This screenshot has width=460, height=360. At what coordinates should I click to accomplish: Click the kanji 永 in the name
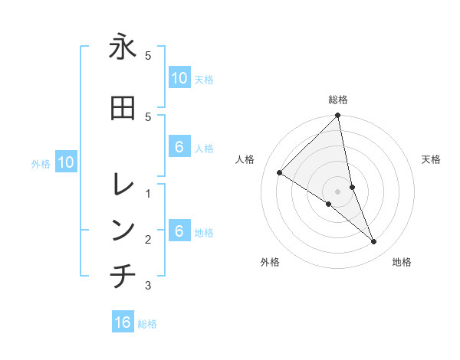pyautogui.click(x=123, y=47)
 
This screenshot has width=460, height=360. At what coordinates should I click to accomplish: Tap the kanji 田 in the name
pyautogui.click(x=123, y=108)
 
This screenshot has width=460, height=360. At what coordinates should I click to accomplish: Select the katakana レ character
pyautogui.click(x=123, y=184)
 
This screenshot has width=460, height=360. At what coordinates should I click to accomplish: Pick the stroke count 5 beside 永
pyautogui.click(x=148, y=56)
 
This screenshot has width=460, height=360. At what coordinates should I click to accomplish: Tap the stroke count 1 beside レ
pyautogui.click(x=148, y=193)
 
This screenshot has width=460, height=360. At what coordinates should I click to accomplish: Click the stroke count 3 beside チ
pyautogui.click(x=148, y=286)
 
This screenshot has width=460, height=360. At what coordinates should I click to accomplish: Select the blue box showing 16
pyautogui.click(x=123, y=322)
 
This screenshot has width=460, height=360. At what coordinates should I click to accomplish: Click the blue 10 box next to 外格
pyautogui.click(x=65, y=162)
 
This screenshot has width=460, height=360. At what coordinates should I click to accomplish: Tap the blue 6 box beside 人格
pyautogui.click(x=179, y=147)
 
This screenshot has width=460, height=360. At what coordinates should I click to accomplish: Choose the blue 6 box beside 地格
pyautogui.click(x=179, y=231)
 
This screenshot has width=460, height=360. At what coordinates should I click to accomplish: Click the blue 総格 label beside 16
pyautogui.click(x=147, y=324)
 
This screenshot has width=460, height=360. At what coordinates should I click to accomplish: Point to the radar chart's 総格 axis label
pyautogui.click(x=338, y=100)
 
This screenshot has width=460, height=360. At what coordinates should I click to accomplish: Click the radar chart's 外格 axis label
pyautogui.click(x=270, y=262)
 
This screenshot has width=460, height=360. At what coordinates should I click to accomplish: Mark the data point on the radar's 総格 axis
pyautogui.click(x=338, y=116)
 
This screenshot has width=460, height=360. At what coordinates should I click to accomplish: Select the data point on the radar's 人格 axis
pyautogui.click(x=280, y=173)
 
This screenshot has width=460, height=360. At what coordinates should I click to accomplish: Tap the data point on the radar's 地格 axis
pyautogui.click(x=373, y=241)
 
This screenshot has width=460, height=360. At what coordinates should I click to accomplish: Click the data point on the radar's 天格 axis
pyautogui.click(x=352, y=187)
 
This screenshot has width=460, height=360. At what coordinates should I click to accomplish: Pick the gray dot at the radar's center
pyautogui.click(x=338, y=191)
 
